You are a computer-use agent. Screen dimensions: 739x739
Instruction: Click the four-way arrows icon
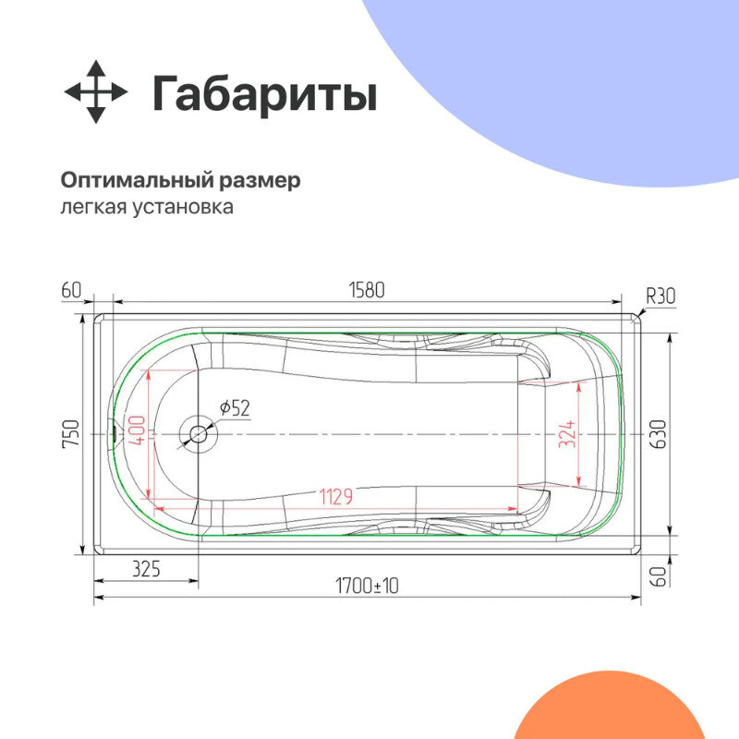[95, 92]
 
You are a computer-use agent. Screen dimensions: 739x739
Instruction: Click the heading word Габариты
[264, 94]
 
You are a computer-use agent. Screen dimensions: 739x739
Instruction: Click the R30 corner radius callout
[660, 296]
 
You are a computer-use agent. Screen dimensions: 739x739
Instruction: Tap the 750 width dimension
[73, 433]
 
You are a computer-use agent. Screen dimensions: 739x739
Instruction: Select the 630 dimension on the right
[658, 433]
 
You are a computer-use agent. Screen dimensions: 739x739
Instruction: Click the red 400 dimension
[135, 430]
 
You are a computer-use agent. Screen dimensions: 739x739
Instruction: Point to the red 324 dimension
[566, 433]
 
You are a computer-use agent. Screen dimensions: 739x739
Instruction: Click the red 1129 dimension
[335, 497]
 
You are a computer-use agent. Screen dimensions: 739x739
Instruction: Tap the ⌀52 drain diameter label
[235, 407]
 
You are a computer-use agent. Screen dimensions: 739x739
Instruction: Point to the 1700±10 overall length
[366, 586]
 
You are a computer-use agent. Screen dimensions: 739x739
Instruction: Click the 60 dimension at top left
[71, 290]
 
